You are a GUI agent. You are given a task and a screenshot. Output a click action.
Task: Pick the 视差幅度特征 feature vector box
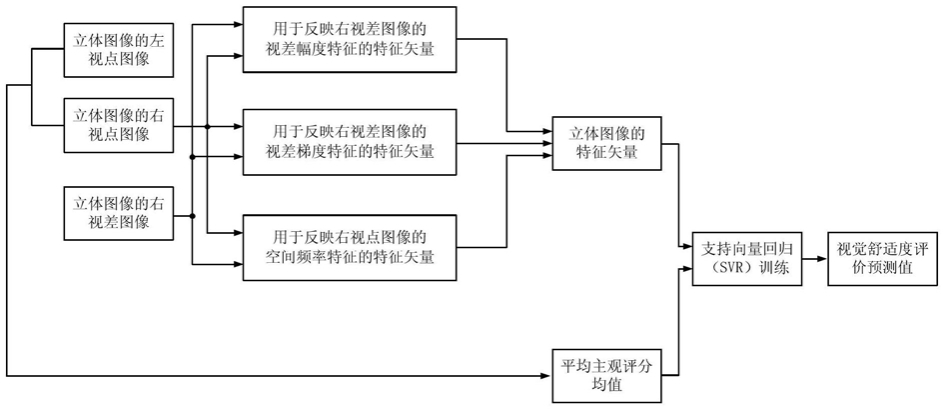click(349, 39)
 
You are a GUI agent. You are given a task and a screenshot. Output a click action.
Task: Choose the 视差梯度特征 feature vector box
click(349, 141)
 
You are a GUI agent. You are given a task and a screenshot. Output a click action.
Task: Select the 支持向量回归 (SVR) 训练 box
click(745, 259)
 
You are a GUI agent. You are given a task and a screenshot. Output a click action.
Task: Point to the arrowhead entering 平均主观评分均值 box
click(548, 375)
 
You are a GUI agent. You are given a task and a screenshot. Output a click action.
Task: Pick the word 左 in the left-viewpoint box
click(157, 42)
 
